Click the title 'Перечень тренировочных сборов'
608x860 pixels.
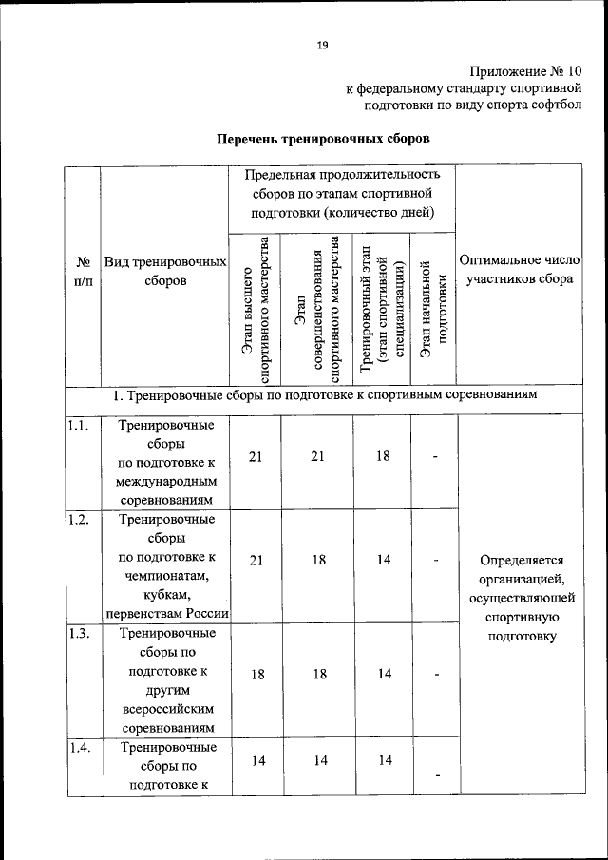pos(323,139)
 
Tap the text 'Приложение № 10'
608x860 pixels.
pos(524,71)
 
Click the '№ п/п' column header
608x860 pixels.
pos(82,271)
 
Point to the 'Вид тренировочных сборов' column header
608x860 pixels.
pos(165,271)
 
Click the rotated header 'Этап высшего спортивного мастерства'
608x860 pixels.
pos(255,309)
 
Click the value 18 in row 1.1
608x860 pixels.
pos(382,456)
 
